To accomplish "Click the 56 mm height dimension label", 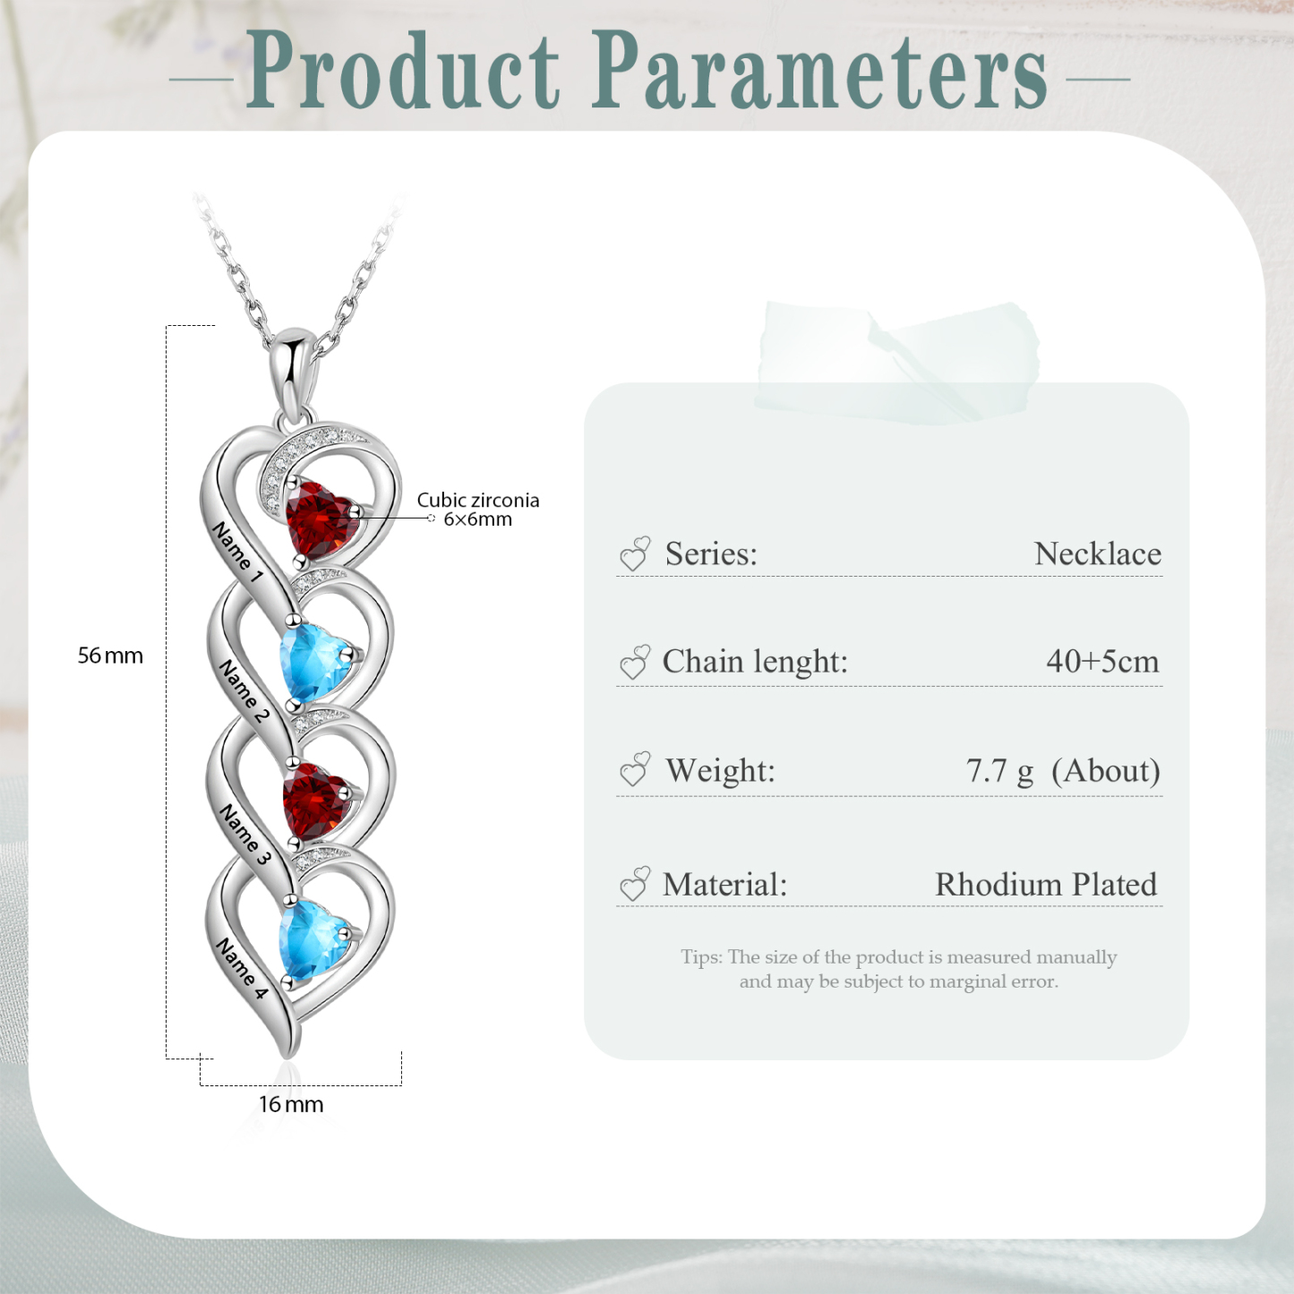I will (110, 656).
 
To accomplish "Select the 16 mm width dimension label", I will (291, 1104).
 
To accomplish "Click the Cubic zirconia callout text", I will (477, 501).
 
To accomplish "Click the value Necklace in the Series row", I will (1097, 554).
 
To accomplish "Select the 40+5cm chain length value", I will (1101, 662).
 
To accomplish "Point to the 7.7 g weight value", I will (999, 771).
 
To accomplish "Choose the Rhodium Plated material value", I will (1045, 885).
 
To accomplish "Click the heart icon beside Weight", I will (635, 770).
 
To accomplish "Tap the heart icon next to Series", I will (635, 554).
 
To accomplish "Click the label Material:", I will (724, 885).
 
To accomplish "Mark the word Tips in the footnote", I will (699, 957).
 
